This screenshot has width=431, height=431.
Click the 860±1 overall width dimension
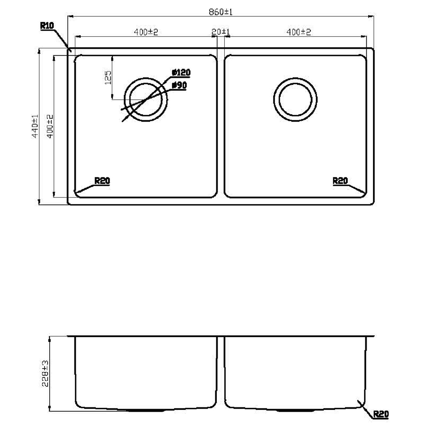(221, 13)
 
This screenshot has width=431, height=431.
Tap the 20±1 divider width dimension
(221, 32)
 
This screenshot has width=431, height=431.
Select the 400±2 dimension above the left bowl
(146, 32)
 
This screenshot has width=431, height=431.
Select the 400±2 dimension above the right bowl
(299, 32)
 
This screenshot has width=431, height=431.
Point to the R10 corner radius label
(47, 26)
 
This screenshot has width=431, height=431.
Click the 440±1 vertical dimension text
(35, 126)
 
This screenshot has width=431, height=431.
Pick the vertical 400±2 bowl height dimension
(50, 126)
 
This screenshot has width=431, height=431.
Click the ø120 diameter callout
(181, 73)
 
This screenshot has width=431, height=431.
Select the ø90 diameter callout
(179, 85)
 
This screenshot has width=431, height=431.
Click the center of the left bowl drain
(146, 100)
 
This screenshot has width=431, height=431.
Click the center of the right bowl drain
(295, 100)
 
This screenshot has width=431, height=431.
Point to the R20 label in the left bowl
(102, 181)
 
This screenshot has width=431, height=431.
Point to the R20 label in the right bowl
(340, 181)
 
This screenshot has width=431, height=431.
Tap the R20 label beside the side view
(380, 415)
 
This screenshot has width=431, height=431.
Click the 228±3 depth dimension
(45, 373)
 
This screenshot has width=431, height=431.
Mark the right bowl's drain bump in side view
(295, 410)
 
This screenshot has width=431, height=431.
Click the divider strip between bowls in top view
(221, 126)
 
